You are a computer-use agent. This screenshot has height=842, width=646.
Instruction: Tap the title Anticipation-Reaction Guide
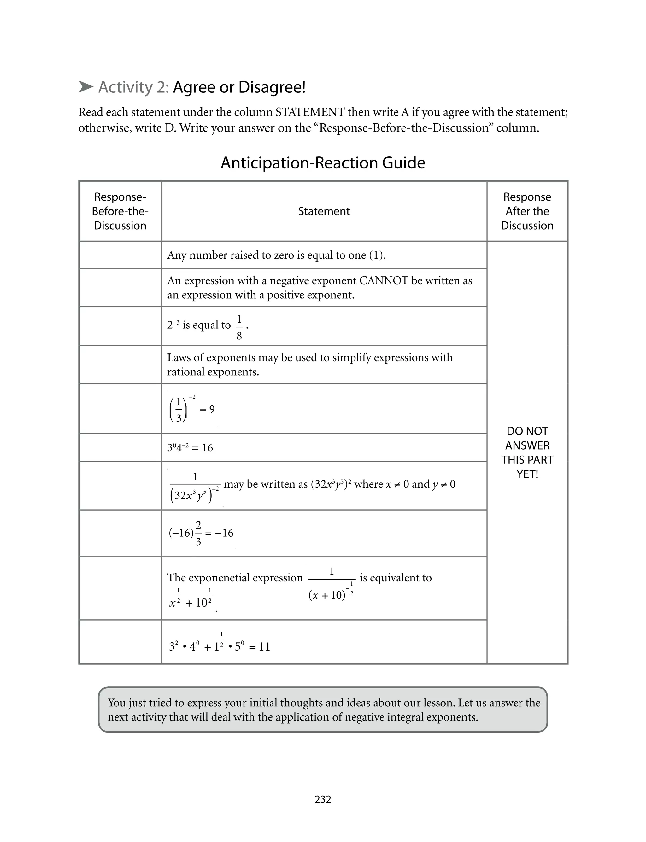(x=323, y=163)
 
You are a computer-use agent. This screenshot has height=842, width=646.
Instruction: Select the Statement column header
(x=324, y=211)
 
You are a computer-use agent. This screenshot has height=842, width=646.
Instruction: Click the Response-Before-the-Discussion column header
(x=120, y=211)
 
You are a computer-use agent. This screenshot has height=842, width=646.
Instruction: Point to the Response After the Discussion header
(x=527, y=211)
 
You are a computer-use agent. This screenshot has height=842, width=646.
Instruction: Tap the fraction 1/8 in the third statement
(x=239, y=327)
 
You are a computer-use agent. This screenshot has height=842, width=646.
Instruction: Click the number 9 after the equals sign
(x=212, y=409)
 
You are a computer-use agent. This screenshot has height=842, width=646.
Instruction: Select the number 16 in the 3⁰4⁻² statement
(x=207, y=448)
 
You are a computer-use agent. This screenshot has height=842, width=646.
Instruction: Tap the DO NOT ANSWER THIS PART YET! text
(x=527, y=452)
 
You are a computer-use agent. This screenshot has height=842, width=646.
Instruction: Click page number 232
(x=323, y=799)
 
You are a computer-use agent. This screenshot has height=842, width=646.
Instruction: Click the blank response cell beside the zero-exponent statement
(x=120, y=255)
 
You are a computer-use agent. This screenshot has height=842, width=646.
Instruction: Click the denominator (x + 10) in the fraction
(x=327, y=596)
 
